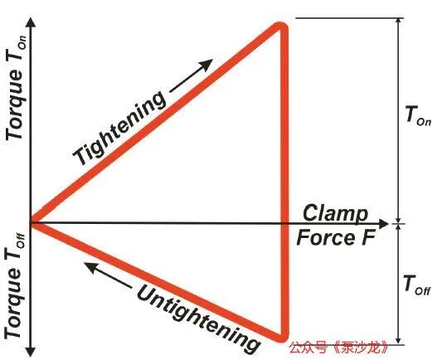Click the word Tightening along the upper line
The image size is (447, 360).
119,128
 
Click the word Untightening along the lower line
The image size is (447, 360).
199,319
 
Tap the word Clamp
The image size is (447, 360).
335,213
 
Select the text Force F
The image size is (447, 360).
336,237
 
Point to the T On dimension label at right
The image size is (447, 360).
418,116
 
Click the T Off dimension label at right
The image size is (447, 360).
417,285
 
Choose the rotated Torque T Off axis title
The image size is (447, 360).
15,287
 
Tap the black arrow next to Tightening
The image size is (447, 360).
192,75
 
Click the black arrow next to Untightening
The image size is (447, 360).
108,275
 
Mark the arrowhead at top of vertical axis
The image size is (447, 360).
31,22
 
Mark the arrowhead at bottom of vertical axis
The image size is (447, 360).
31,352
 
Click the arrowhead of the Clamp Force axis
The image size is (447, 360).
385,223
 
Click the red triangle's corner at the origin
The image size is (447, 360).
32,223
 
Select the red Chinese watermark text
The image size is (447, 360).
339,348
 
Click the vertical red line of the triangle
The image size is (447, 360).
284,182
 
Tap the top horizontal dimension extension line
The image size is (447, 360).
349,18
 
